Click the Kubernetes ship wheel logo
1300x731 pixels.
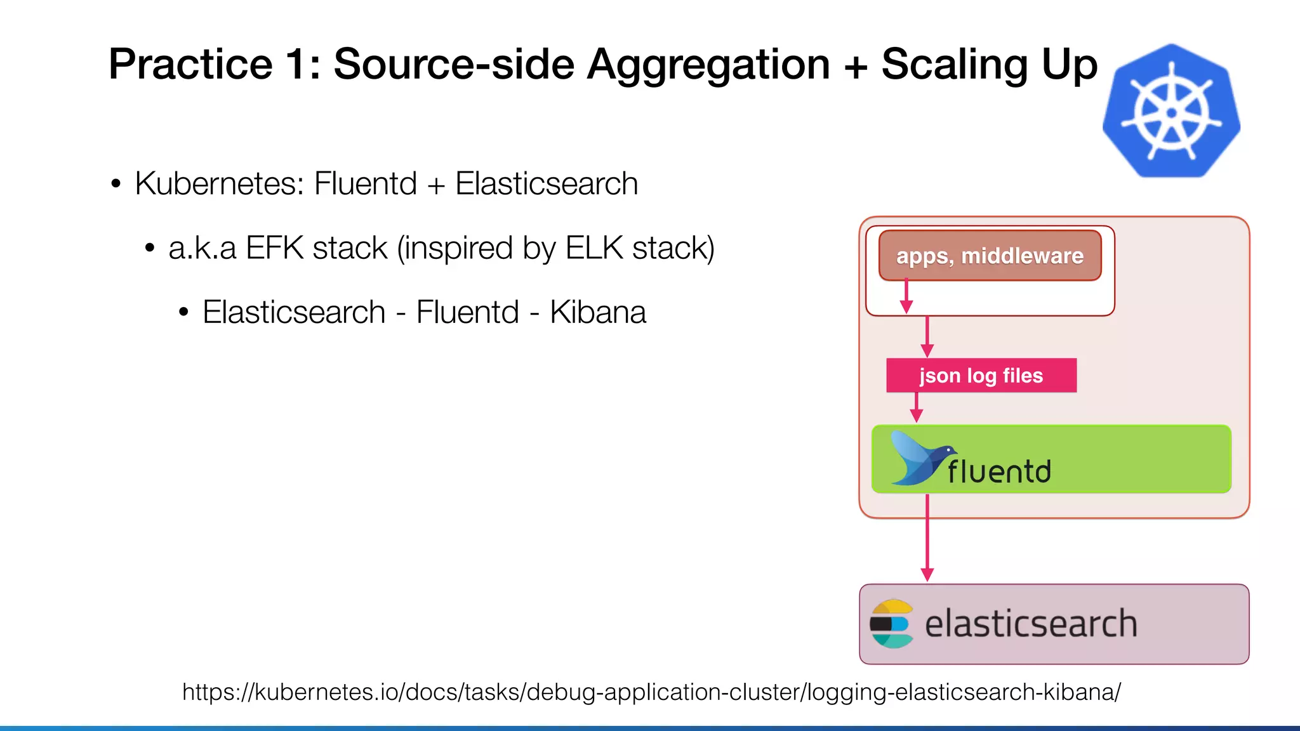pos(1171,112)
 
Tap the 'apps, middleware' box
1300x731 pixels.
pos(990,256)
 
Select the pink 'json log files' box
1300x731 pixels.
pos(981,376)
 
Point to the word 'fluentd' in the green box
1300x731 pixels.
pos(999,471)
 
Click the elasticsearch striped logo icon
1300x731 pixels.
pos(891,624)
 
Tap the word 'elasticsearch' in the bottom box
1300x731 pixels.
pos(1031,624)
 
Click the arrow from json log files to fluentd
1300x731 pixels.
pos(916,407)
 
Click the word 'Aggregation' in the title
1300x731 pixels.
pos(708,65)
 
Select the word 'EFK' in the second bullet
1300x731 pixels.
pos(274,248)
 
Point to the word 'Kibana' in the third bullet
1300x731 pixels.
pos(597,312)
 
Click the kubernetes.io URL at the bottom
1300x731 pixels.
pos(651,692)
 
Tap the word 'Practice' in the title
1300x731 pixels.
pos(190,65)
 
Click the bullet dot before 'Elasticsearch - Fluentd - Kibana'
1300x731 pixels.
pos(183,313)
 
